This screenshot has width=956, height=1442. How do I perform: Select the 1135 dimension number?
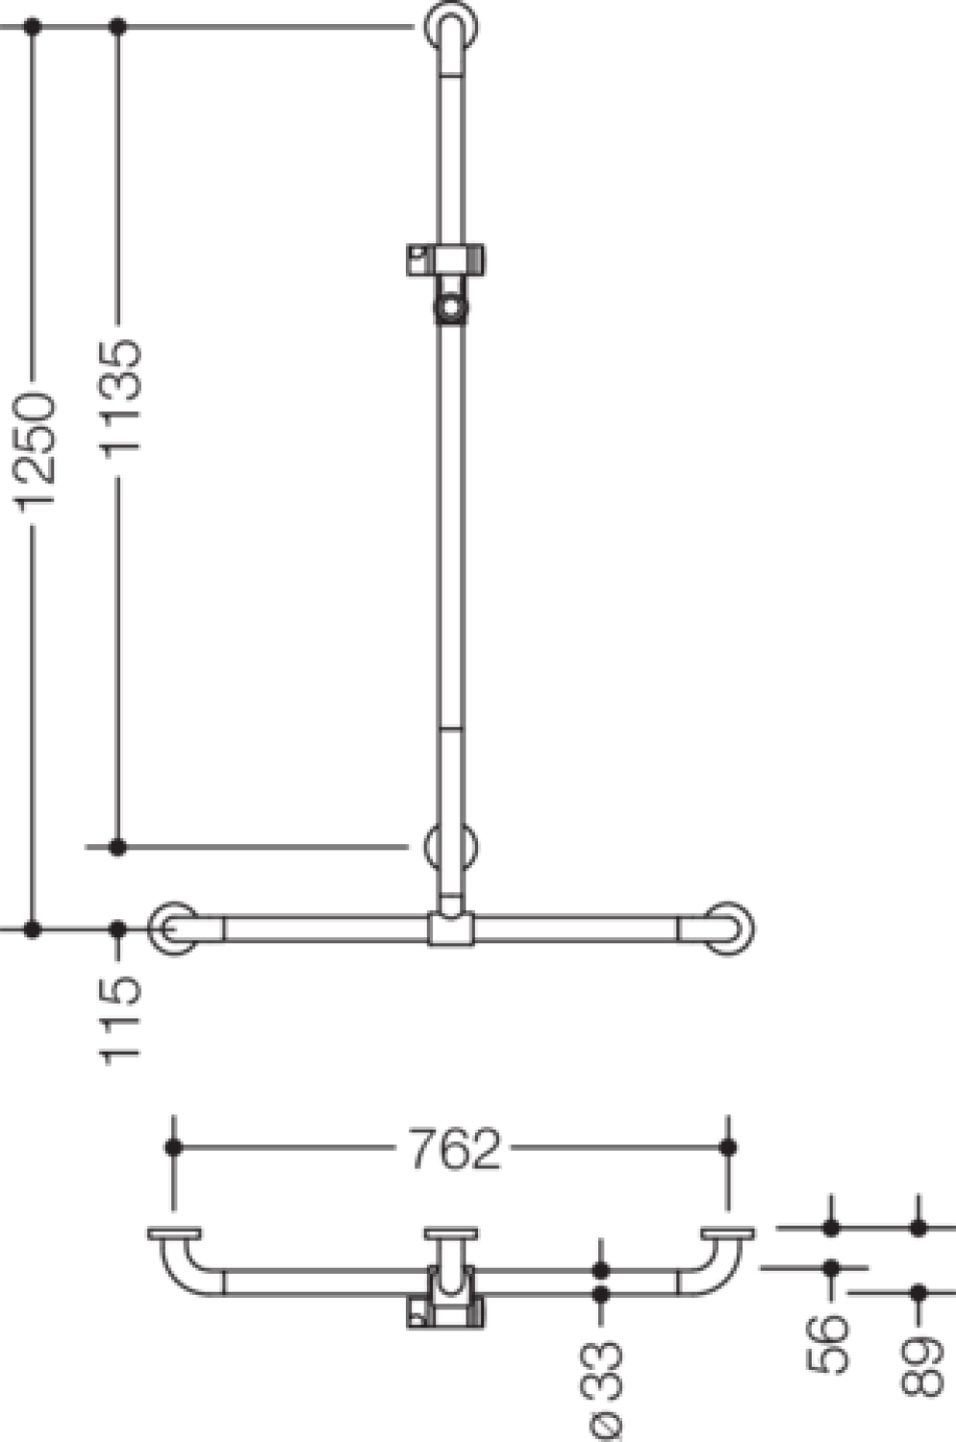[x=120, y=399]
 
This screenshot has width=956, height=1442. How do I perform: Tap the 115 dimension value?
[x=120, y=1021]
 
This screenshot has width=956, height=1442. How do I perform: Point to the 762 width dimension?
[x=455, y=1149]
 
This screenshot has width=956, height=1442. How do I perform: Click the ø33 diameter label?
[x=601, y=1391]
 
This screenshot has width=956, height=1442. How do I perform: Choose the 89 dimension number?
[x=921, y=1366]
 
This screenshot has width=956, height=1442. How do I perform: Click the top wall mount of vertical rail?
[x=451, y=27]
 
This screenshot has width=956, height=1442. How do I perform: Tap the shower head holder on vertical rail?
[x=446, y=284]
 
